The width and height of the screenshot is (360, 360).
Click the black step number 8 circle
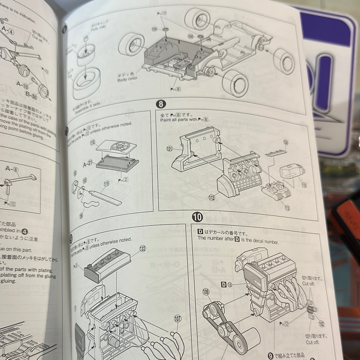(161, 104)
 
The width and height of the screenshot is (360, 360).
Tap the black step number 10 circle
(197, 217)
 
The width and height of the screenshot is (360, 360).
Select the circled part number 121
(170, 149)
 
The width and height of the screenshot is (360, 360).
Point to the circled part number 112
(211, 197)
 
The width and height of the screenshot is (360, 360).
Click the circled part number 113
(287, 208)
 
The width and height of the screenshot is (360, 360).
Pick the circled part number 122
(143, 248)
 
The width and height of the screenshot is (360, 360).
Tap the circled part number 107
(178, 319)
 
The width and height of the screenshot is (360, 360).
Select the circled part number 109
(206, 292)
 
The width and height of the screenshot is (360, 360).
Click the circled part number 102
(321, 323)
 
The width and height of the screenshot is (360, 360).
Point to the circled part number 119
(107, 184)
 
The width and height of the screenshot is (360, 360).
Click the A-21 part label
(88, 164)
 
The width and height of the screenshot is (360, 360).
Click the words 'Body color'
(127, 80)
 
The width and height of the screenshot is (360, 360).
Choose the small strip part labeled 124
(275, 153)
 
